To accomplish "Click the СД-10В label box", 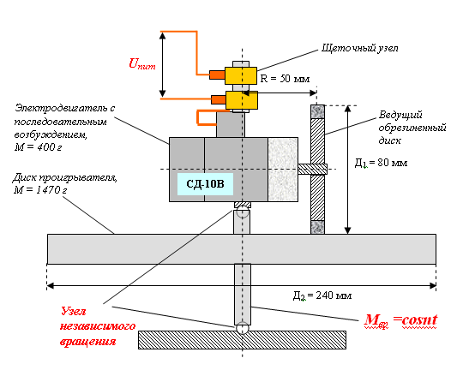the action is pos(205,184).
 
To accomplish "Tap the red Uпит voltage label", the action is pos(142,63).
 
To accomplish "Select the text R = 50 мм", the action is pos(285,79).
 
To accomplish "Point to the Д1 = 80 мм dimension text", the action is pos(381,163).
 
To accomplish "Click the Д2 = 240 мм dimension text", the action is pos(322,295).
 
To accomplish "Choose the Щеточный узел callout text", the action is pos(359,48).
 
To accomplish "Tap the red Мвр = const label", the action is pos(400,320).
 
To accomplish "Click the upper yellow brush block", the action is pos(241,75).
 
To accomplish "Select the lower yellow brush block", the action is pos(242,100).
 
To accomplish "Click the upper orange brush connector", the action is pos(217,75).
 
